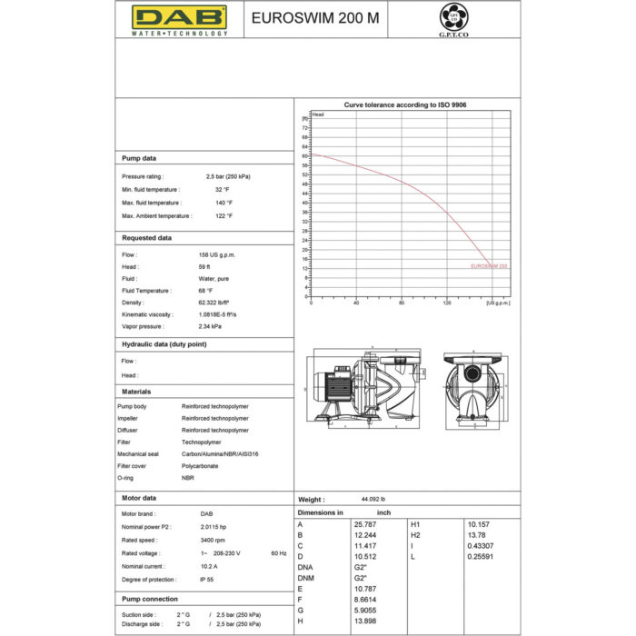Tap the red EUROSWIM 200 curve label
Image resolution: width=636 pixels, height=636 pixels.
[489, 266]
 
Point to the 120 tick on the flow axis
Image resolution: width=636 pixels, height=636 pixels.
[447, 303]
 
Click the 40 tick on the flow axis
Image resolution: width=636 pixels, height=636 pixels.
[356, 303]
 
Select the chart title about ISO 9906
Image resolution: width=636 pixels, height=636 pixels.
[405, 104]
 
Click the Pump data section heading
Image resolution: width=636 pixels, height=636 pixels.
[139, 158]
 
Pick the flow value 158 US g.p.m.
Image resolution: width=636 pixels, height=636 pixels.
[217, 255]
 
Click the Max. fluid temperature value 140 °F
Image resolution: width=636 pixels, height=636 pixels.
[224, 203]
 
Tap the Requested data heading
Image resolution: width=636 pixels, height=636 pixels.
[146, 238]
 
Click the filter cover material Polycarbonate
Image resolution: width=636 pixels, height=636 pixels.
[201, 465]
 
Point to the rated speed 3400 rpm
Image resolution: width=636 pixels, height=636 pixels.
[214, 539]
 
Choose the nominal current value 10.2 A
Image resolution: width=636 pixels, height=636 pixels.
[208, 566]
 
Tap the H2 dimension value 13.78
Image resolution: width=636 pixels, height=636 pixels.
[476, 535]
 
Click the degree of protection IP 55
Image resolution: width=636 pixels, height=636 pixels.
[206, 579]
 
